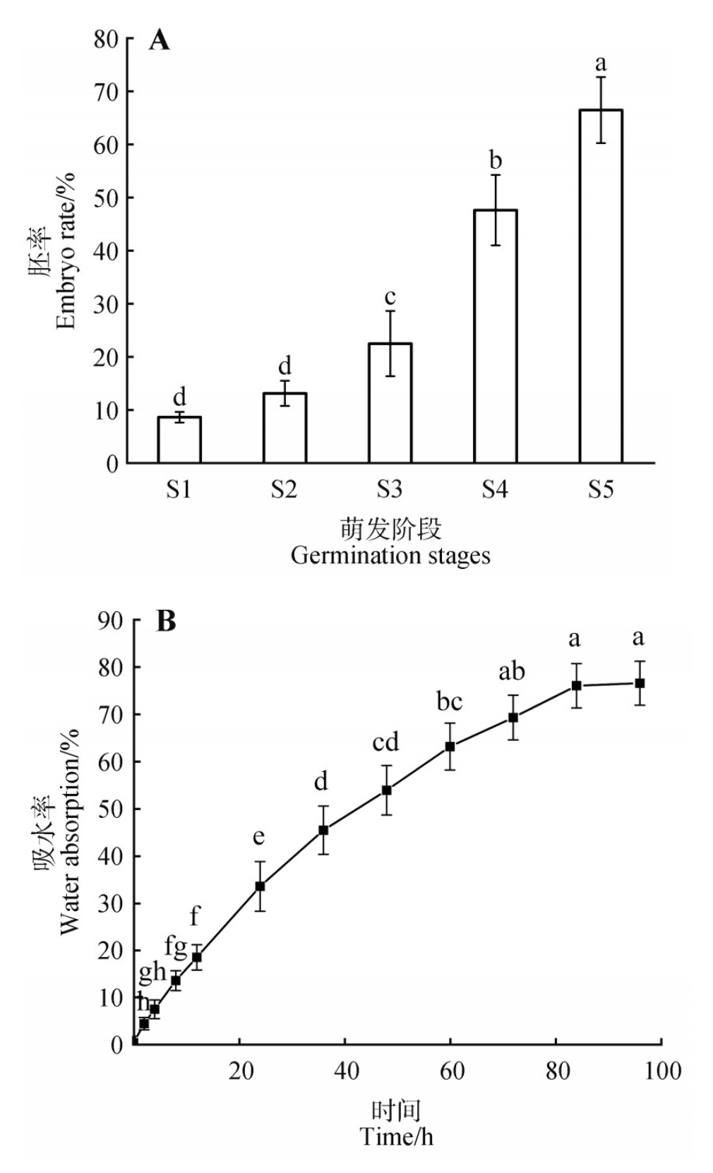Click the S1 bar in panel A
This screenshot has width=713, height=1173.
tap(179, 440)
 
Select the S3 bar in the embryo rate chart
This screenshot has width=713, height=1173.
tap(390, 402)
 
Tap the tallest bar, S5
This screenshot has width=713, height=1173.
tap(601, 286)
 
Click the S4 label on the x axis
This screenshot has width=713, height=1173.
tap(495, 488)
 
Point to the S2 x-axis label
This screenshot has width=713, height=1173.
tap(284, 488)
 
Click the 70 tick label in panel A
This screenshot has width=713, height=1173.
tap(106, 92)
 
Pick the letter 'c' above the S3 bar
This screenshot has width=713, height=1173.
tap(390, 296)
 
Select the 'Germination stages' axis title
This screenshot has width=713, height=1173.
tap(390, 555)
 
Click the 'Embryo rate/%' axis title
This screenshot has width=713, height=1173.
tap(65, 251)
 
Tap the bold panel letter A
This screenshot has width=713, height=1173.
tap(160, 40)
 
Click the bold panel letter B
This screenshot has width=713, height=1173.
tap(166, 621)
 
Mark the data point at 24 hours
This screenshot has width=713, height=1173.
tap(260, 886)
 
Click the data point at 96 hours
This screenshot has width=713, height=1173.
tap(640, 683)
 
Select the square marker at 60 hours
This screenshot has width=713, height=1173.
tap(450, 746)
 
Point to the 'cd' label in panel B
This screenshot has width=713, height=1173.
tap(386, 742)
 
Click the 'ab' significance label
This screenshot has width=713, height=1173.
tap(512, 671)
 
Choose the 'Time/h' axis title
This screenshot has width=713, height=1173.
tap(397, 1137)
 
